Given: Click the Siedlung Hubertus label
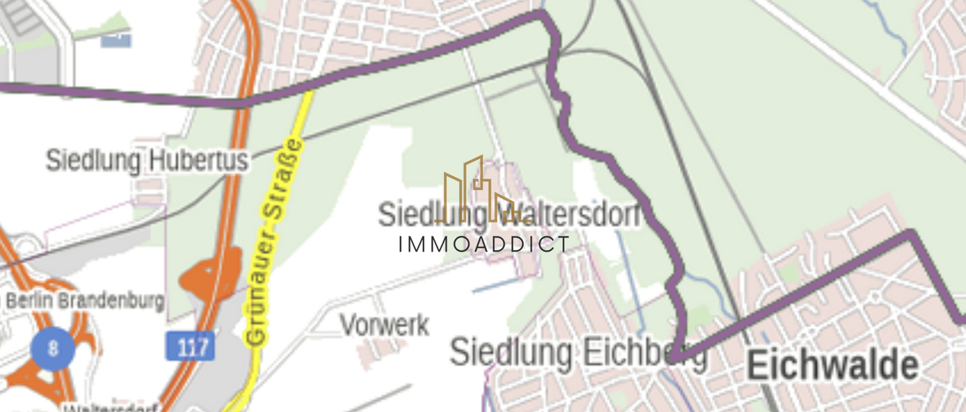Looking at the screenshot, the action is (x=147, y=161).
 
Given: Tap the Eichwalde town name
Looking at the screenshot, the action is (x=833, y=366).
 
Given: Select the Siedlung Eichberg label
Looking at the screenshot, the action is (x=578, y=353).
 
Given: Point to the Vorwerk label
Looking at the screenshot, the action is (x=384, y=325).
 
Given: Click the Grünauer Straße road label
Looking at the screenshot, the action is (x=274, y=242).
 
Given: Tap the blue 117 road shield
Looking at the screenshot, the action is (x=191, y=346).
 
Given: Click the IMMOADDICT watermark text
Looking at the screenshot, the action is (x=484, y=245).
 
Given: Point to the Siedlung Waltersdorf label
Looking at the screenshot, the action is (x=508, y=215).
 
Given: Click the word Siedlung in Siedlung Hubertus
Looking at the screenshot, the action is (x=93, y=161).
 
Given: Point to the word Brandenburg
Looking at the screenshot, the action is (x=111, y=301).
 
